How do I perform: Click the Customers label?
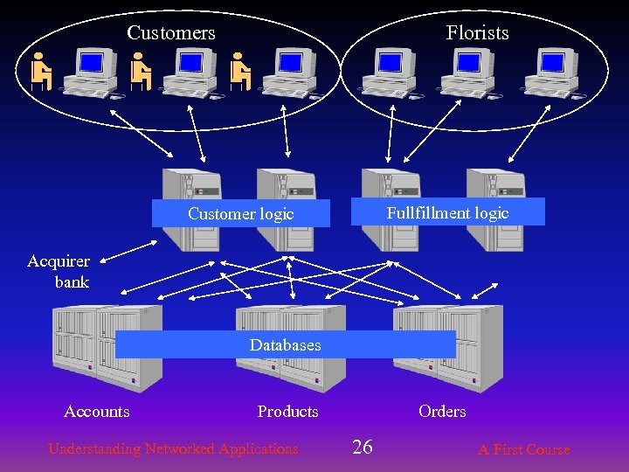171,33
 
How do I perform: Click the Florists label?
477,33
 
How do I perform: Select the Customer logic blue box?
241,214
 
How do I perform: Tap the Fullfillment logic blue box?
447,212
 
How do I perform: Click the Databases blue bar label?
285,345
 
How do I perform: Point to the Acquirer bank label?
59,272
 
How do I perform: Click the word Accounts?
97,412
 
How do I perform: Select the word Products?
287,412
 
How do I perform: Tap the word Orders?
442,412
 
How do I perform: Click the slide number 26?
362,448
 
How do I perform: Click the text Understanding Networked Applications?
173,449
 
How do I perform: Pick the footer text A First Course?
523,450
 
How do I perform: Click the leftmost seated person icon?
40,72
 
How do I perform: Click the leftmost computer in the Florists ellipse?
388,72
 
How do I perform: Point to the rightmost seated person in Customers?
240,72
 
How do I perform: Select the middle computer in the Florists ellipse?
467,72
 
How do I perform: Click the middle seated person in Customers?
141,72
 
